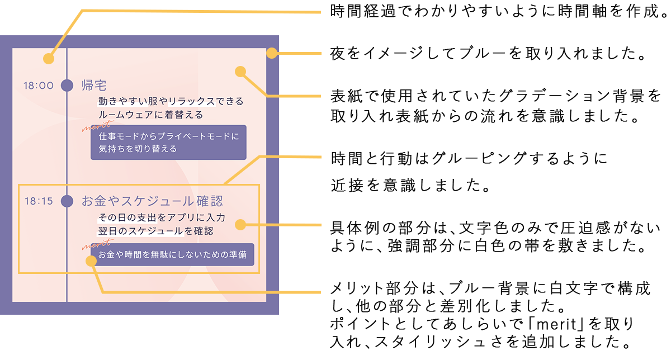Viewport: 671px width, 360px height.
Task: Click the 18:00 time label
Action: (38, 86)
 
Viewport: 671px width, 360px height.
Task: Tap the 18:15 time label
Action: (38, 201)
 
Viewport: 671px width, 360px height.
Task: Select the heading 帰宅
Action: (94, 85)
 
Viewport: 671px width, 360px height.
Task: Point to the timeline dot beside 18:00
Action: (67, 86)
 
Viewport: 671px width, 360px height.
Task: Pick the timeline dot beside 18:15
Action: (67, 201)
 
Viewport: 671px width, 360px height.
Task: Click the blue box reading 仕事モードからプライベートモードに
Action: (168, 142)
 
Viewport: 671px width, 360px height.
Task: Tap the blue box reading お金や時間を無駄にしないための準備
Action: (172, 254)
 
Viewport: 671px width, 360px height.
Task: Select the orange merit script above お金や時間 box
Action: (95, 244)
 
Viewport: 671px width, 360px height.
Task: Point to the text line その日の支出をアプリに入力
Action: (162, 217)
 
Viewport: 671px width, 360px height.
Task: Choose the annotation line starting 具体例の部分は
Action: (495, 228)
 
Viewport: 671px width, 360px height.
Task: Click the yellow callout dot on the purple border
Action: (272, 54)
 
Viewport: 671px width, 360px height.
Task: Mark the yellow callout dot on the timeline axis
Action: (49, 58)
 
